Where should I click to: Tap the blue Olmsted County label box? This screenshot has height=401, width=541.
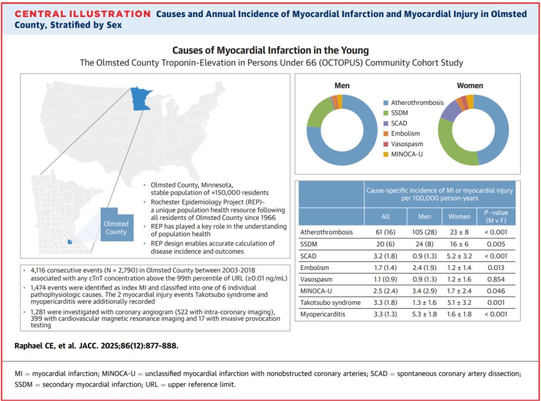click(x=116, y=227)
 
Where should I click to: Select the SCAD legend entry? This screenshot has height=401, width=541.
click(x=399, y=123)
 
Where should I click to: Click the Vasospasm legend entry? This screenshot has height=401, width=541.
click(x=407, y=144)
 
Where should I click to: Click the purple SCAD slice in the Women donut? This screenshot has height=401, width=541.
click(x=448, y=113)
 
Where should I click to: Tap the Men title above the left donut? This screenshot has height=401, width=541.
click(x=342, y=85)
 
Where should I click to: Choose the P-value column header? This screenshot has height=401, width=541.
click(x=496, y=216)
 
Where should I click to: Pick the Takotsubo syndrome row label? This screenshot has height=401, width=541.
click(x=330, y=303)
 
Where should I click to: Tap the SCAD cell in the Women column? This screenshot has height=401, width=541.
click(x=459, y=256)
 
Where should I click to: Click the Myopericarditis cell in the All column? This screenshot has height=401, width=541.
click(x=385, y=315)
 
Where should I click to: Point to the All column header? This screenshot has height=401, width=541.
click(x=385, y=216)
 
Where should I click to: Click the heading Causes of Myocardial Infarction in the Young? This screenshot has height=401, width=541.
click(x=270, y=51)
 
